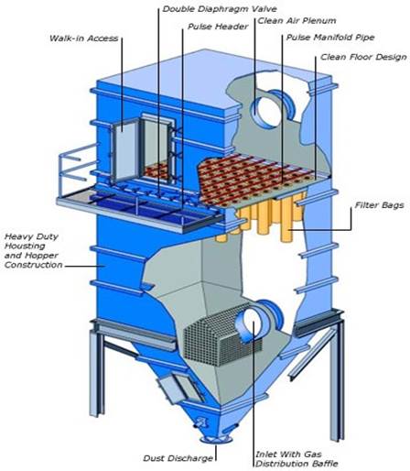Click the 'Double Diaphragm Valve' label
click(x=220, y=9)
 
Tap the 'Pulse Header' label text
click(x=218, y=27)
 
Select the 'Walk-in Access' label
click(x=83, y=38)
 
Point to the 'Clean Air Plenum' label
click(x=297, y=21)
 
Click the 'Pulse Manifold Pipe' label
click(x=330, y=38)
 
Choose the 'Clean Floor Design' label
click(x=363, y=57)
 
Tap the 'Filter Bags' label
click(x=379, y=205)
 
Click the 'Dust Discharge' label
click(x=178, y=458)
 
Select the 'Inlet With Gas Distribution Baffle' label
click(x=297, y=459)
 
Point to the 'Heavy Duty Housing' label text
click(x=31, y=241)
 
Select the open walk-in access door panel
click(x=125, y=152)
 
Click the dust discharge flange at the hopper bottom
click(x=216, y=440)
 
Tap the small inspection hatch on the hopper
click(x=180, y=388)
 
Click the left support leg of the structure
click(x=97, y=369)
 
